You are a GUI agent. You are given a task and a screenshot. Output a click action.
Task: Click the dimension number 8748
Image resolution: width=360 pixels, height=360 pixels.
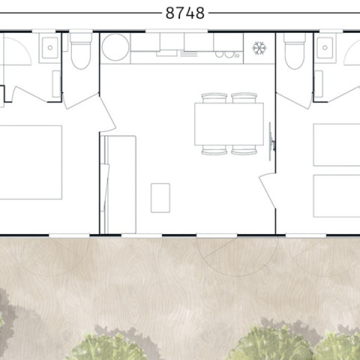185,13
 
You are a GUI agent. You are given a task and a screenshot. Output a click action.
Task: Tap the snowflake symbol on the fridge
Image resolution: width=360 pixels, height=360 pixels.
259,48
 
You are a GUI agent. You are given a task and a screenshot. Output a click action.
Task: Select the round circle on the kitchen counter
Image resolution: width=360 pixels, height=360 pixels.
115,47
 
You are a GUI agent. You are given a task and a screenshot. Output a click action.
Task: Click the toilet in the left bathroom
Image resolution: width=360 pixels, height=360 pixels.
81,51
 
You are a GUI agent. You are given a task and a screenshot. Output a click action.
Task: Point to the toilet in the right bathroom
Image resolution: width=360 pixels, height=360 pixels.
295,51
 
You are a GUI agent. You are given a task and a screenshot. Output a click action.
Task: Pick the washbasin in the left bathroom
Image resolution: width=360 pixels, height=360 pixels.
49,48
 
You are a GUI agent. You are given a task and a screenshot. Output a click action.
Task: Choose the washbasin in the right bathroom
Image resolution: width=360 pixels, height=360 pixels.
325,48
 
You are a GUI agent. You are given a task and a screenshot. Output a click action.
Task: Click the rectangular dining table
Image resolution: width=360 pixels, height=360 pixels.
229,124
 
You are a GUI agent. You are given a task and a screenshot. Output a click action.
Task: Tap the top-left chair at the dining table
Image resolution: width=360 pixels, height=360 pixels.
214,97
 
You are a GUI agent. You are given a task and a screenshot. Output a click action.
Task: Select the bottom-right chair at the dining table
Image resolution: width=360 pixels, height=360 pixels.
244,150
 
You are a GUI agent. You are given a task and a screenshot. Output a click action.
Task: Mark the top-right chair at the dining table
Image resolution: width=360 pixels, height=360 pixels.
244,97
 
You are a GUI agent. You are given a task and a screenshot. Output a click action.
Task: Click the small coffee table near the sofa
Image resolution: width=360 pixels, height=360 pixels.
160,198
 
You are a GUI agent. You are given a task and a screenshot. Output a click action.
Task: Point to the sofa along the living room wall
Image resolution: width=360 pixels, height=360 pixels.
118,184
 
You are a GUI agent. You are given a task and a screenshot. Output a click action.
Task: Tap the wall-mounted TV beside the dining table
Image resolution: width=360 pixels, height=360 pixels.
271,142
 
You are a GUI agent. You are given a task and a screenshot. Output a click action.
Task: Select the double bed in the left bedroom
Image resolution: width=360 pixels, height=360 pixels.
31,163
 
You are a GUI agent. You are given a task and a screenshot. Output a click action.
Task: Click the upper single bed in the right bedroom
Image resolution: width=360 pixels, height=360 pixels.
337,145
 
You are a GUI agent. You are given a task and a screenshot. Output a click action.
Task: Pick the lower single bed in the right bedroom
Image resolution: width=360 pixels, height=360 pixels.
337,196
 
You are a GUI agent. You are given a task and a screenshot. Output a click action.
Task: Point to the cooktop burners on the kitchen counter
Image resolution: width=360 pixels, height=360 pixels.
227,55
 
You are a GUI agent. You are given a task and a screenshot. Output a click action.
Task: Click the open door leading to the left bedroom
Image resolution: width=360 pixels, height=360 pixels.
108,112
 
